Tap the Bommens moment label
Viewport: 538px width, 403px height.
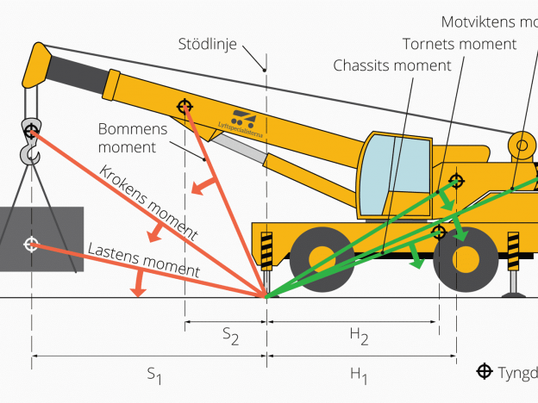(127, 139)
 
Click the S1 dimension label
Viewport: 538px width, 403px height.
(154, 375)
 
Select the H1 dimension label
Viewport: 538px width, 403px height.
(359, 375)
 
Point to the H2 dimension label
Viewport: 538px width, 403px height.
(359, 338)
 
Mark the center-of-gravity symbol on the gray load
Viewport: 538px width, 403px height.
(31, 245)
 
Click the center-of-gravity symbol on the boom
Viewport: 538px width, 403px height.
(185, 106)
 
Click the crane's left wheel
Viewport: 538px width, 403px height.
(321, 256)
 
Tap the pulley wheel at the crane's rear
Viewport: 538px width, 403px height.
(522, 146)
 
